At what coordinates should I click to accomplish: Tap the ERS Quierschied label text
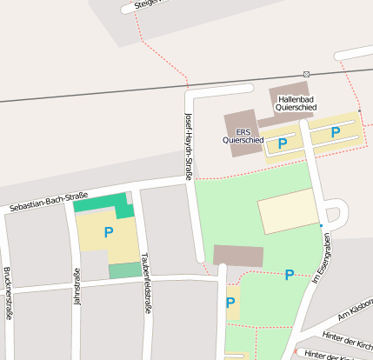[243, 135]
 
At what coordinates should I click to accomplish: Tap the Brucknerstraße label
[7, 292]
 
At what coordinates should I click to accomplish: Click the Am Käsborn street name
[355, 310]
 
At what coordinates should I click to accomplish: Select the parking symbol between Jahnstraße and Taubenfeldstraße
[109, 232]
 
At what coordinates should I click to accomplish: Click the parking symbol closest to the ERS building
[283, 143]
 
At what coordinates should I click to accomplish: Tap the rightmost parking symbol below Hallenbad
[336, 132]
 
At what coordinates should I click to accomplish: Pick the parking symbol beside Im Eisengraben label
[289, 276]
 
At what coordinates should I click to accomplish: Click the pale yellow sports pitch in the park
[287, 211]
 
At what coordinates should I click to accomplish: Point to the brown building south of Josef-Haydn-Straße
[238, 256]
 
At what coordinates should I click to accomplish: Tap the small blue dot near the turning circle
[321, 226]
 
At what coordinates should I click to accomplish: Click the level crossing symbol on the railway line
[306, 73]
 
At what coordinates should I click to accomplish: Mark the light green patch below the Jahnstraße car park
[123, 270]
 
